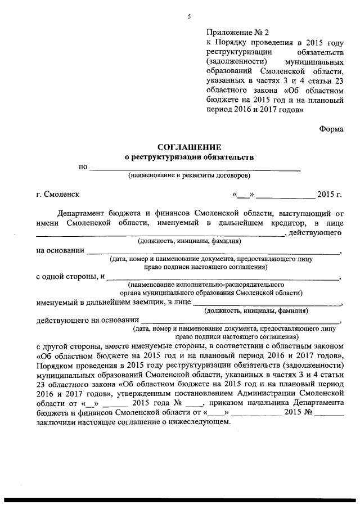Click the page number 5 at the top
pyautogui.click(x=190, y=17)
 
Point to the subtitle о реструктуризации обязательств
pyautogui.click(x=189, y=157)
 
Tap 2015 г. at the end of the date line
pyautogui.click(x=330, y=195)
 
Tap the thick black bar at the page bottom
pyautogui.click(x=180, y=499)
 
